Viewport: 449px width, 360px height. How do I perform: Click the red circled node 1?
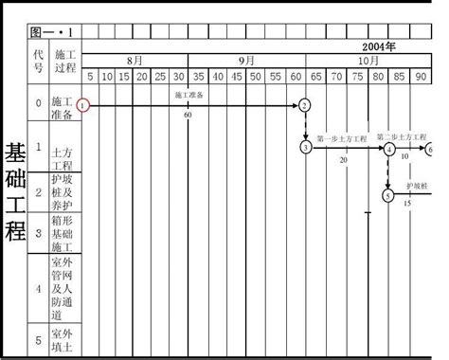tap(85, 104)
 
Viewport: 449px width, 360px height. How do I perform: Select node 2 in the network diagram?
tap(304, 105)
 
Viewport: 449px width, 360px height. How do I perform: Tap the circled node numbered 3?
tap(305, 147)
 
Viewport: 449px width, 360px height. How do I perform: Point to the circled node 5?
tap(387, 195)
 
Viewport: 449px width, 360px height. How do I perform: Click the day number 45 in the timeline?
tap(220, 76)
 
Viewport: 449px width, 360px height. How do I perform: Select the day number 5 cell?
tap(91, 76)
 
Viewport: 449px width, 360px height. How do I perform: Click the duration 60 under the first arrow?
tap(188, 115)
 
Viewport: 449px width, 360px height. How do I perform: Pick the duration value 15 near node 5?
tap(407, 203)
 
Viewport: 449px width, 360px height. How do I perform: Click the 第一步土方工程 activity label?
tap(341, 139)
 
